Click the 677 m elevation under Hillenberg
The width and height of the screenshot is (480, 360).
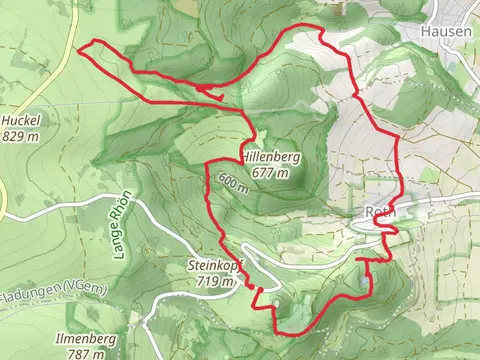click(x=271, y=172)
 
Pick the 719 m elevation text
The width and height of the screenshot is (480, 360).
click(x=216, y=282)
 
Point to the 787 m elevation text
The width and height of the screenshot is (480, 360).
click(x=88, y=353)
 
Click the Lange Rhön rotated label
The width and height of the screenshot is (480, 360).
click(x=124, y=225)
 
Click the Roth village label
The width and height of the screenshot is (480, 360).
click(x=382, y=213)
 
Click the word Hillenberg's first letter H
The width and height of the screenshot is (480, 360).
click(x=244, y=157)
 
